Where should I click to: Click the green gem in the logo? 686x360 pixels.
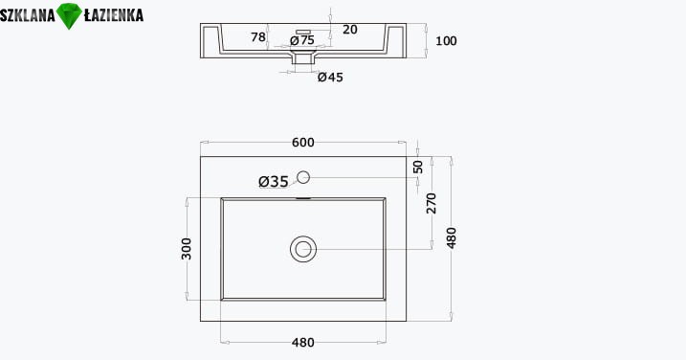tap(70, 15)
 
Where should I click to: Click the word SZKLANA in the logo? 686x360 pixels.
tap(28, 15)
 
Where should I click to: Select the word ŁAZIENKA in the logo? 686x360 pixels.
tap(113, 15)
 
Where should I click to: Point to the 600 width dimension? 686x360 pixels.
tap(302, 143)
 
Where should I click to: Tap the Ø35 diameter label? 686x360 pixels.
tap(274, 181)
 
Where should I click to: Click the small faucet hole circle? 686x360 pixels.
tap(303, 177)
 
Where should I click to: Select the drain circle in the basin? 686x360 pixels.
tap(303, 249)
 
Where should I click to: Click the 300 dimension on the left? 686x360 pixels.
tap(187, 249)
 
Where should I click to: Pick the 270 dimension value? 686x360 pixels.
tap(432, 203)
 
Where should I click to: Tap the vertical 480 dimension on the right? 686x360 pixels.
tap(451, 238)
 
